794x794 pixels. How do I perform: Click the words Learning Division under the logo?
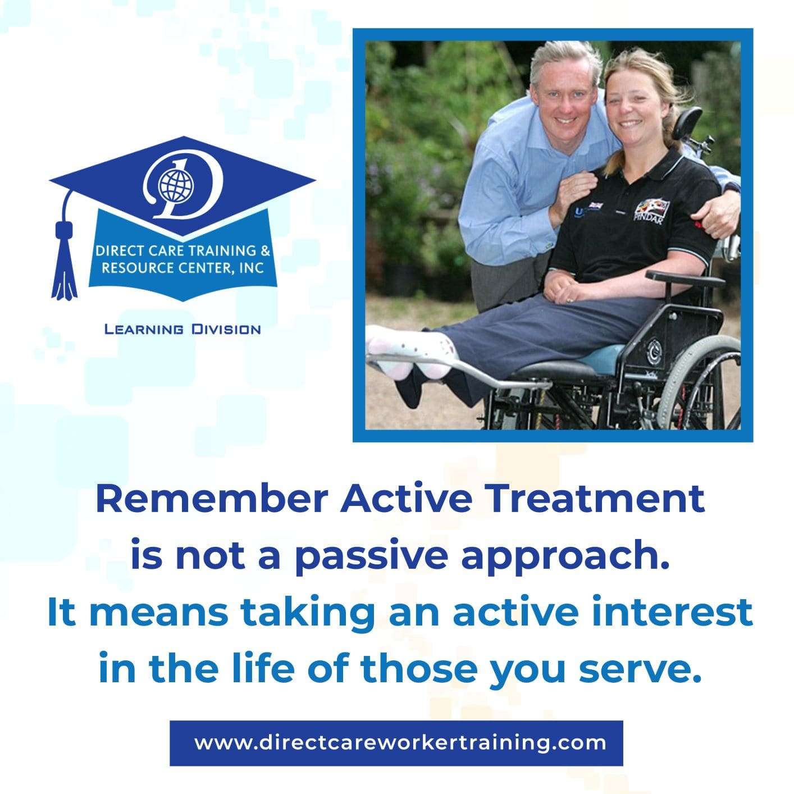point(182,329)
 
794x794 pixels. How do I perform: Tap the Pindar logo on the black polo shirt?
point(651,212)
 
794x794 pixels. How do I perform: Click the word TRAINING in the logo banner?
point(220,250)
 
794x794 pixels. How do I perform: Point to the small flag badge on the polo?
point(595,204)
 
